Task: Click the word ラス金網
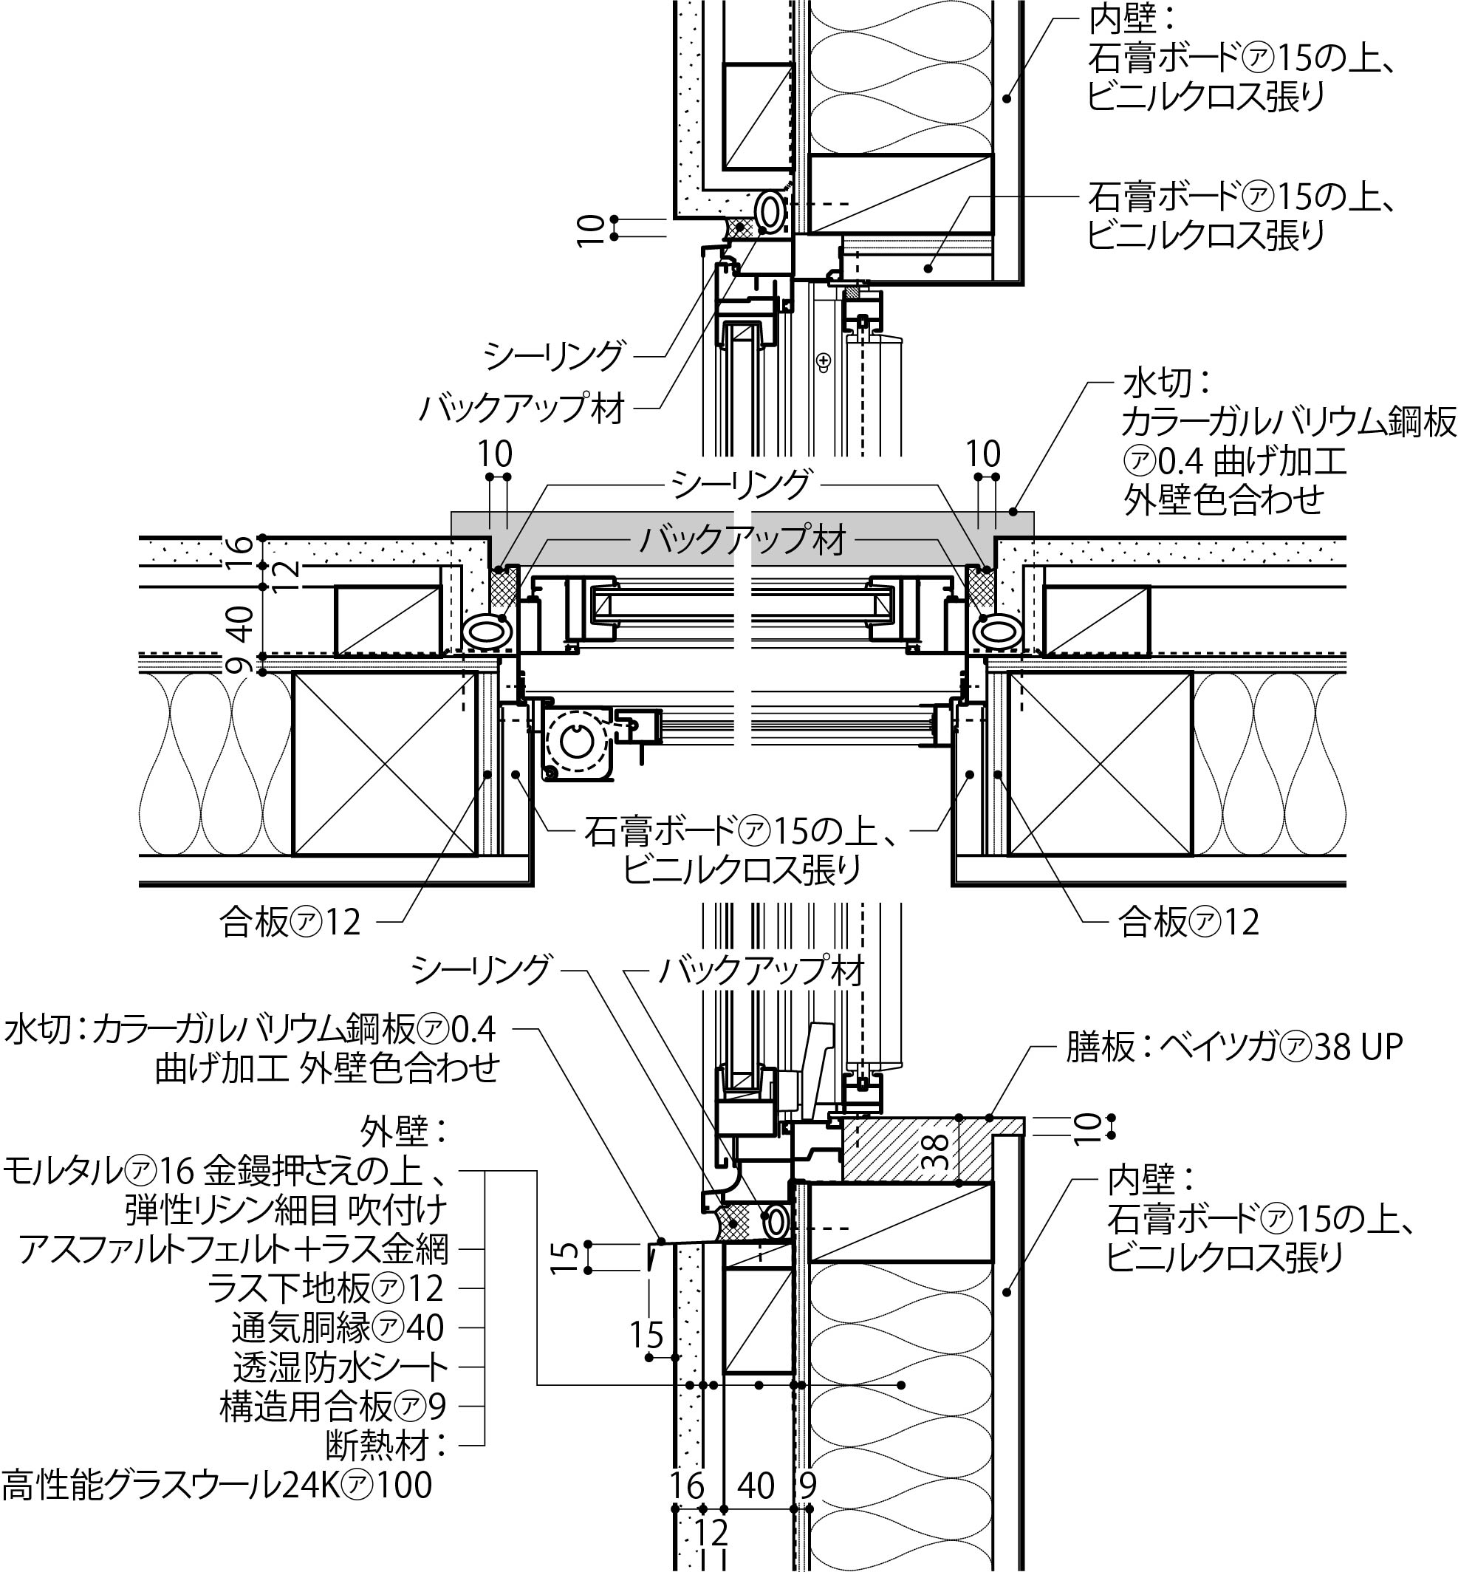pos(397,1249)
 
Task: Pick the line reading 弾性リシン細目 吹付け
pos(286,1210)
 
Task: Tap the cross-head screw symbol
pos(825,360)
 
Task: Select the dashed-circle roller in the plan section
pos(578,740)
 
